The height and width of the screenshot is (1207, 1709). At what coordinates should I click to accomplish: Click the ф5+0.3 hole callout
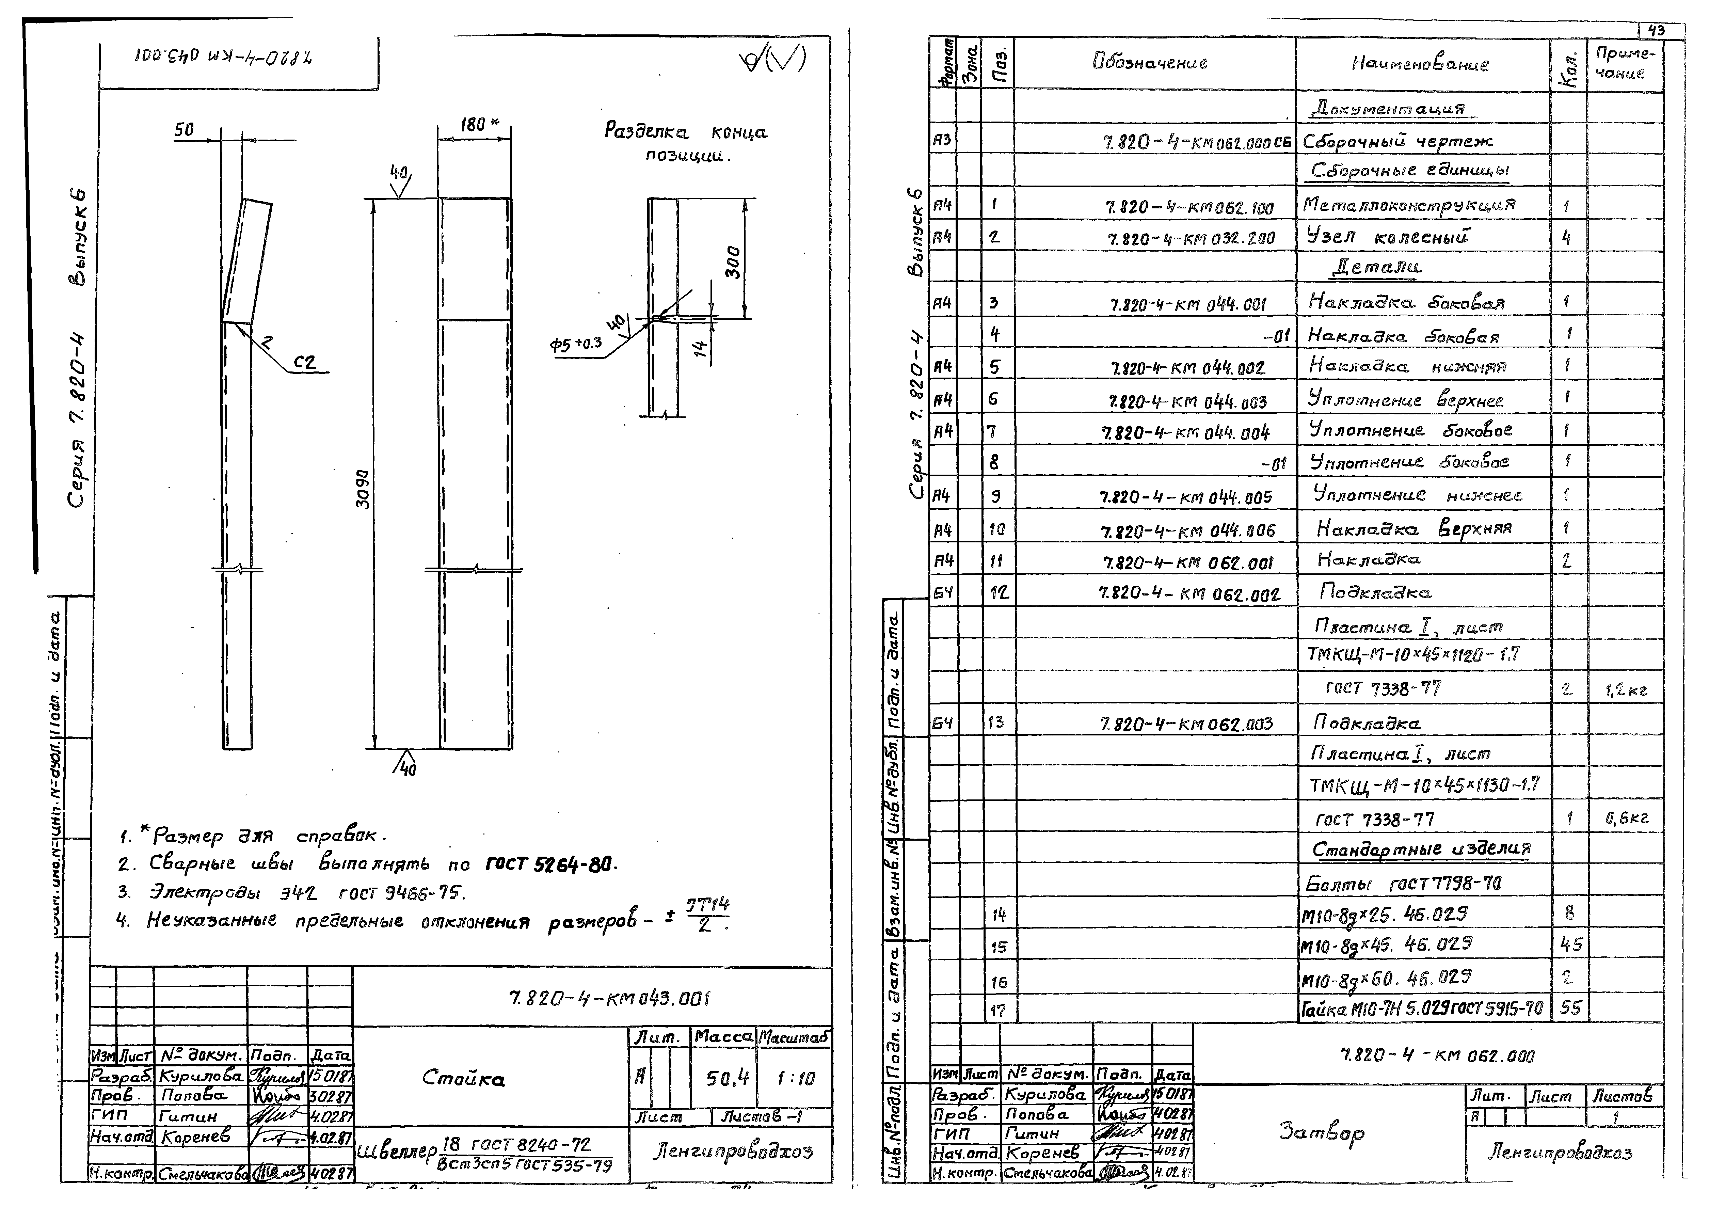click(575, 345)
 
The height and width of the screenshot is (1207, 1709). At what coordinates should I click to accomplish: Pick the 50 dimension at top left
click(184, 130)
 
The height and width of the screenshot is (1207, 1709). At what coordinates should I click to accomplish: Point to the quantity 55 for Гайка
click(1570, 1007)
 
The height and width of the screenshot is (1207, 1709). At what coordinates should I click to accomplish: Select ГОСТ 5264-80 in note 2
click(551, 864)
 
